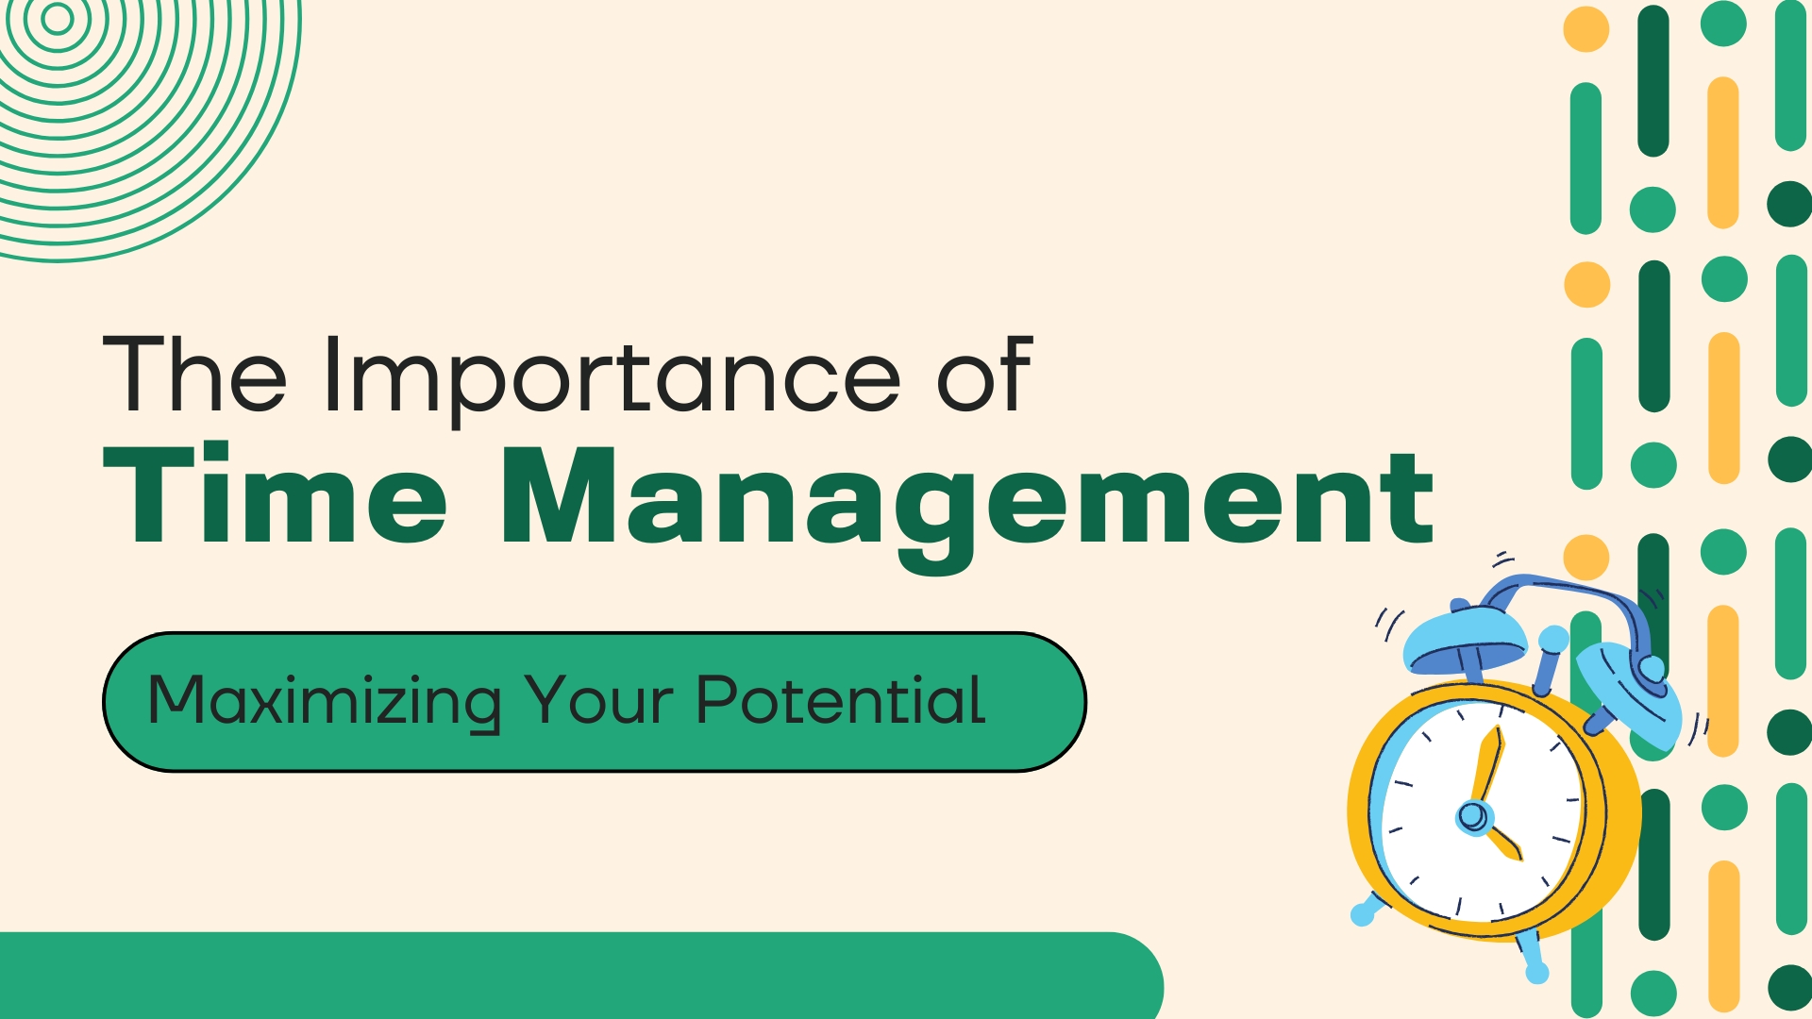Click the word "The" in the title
(194, 374)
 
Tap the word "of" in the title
(984, 374)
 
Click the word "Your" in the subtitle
(598, 700)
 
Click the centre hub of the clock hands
(1472, 815)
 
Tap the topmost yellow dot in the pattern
(1586, 28)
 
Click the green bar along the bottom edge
(581, 976)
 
